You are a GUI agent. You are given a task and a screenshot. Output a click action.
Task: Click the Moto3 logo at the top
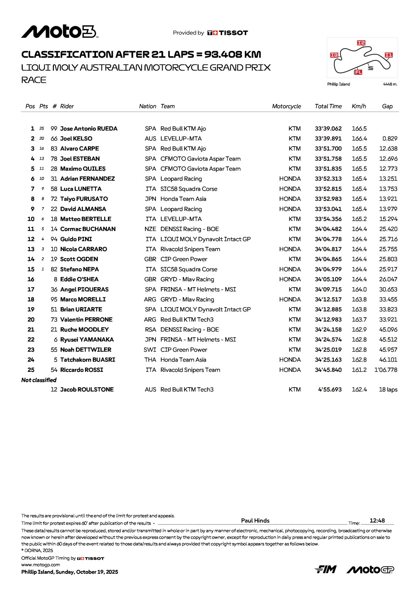pos(60,32)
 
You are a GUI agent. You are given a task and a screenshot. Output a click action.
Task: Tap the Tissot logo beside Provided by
pos(228,33)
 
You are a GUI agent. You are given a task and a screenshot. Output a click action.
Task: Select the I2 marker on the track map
pos(361,43)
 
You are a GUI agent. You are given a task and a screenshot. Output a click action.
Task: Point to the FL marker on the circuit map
pos(358,72)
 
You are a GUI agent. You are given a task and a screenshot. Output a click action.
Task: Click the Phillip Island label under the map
pos(338,84)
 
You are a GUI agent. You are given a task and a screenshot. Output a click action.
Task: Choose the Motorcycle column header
pos(286,106)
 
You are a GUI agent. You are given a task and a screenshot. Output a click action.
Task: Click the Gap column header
pos(387,106)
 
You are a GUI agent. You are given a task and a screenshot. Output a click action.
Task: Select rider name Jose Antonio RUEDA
pos(89,129)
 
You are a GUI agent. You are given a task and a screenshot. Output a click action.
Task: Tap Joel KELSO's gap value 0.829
pos(390,139)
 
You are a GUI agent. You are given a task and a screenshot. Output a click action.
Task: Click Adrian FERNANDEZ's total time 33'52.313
pos(328,179)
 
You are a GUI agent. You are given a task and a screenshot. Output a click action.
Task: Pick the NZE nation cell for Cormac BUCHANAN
pos(150,229)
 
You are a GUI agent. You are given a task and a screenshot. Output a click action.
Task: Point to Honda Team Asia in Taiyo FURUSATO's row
pos(183,199)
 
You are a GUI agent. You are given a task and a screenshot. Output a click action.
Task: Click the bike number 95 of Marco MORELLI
pos(54,299)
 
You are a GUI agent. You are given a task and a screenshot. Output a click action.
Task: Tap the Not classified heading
pos(39,380)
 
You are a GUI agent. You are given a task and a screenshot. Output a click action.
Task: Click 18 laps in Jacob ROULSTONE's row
pos(388,390)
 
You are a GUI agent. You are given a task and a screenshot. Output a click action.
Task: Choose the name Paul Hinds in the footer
pos(255,521)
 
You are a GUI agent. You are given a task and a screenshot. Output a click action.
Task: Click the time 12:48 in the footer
pos(377,521)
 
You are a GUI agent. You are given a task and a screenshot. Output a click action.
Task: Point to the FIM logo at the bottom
pos(325,570)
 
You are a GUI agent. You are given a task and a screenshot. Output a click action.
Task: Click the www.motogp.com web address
pos(41,565)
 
